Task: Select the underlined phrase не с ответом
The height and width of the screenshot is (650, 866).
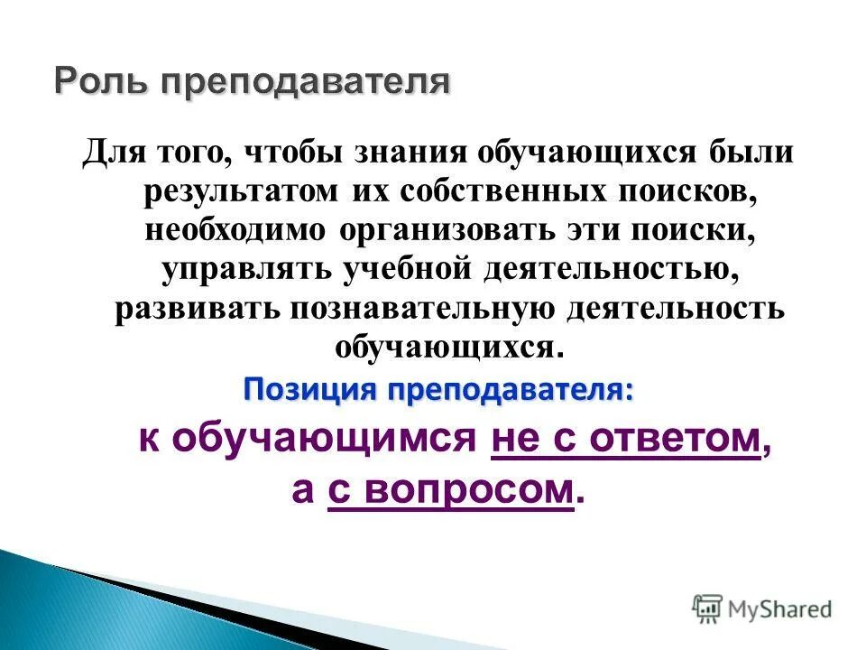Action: (x=626, y=439)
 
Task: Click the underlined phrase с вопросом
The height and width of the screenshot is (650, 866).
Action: (x=451, y=489)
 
